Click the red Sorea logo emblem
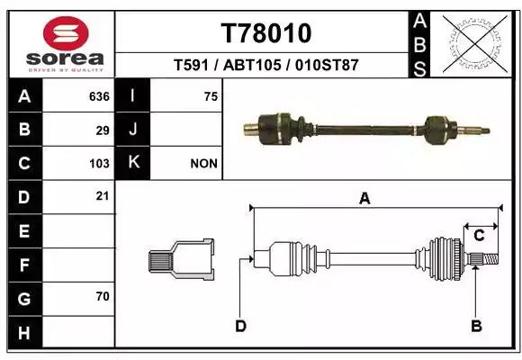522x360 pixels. click(x=66, y=33)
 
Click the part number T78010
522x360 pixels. click(x=266, y=33)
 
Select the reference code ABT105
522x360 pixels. click(x=252, y=65)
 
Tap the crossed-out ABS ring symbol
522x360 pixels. click(x=474, y=44)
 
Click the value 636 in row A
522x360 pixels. click(x=99, y=96)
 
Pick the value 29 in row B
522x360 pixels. click(x=103, y=130)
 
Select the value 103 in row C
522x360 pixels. click(x=99, y=164)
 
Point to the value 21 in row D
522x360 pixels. click(x=103, y=196)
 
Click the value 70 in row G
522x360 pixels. click(x=103, y=296)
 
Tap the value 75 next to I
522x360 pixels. click(x=211, y=96)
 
